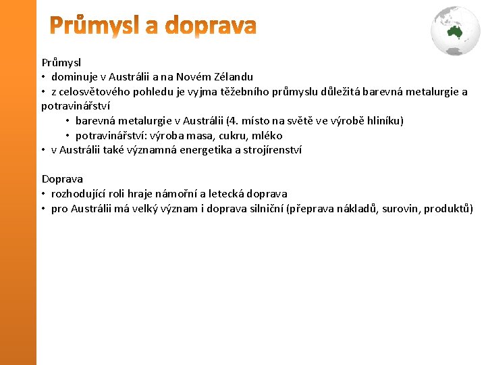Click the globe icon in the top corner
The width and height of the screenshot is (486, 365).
456,29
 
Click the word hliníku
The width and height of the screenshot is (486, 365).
381,121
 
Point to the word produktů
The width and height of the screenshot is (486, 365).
447,209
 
